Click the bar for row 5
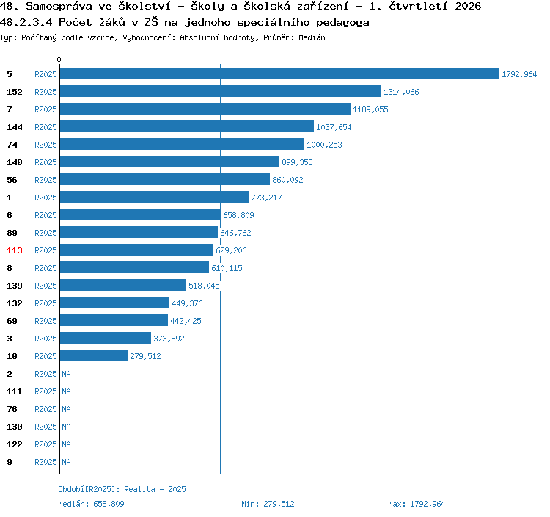[279, 73]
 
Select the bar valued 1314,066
[221, 91]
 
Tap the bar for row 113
[136, 250]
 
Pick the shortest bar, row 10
[94, 355]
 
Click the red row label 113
[15, 250]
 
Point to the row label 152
[15, 92]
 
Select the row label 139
[15, 286]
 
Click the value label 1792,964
[519, 74]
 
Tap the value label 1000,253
[324, 145]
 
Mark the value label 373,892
[169, 339]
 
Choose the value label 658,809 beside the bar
[238, 215]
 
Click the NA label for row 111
[66, 391]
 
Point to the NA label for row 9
[66, 462]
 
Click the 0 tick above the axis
[59, 59]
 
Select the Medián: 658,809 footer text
[91, 504]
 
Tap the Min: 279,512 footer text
[268, 504]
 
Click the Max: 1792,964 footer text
[417, 504]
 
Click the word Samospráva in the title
[59, 6]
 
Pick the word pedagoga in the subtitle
[342, 23]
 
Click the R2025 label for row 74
[45, 145]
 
